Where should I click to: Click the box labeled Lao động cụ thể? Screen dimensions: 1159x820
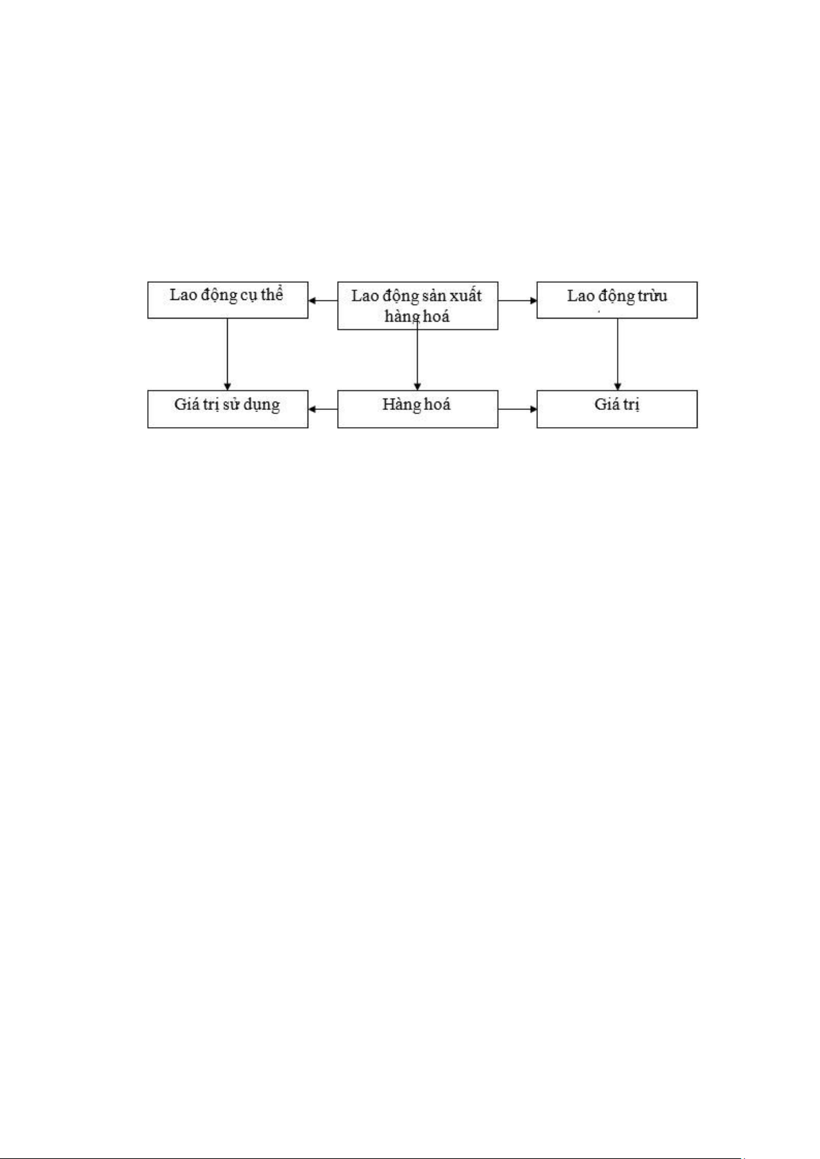pos(228,300)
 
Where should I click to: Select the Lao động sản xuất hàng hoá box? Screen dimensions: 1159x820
pos(418,305)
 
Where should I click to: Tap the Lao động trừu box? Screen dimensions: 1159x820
pos(617,300)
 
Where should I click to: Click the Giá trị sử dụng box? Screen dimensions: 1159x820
pos(228,409)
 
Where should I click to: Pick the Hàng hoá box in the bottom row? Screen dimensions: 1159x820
pos(418,409)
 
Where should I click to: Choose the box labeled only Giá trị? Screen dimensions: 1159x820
pos(617,409)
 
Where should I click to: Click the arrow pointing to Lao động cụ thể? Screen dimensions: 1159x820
pos(323,301)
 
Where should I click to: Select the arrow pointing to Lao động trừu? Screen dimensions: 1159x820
pos(517,301)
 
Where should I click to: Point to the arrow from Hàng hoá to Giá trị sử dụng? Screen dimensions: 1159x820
pos(323,409)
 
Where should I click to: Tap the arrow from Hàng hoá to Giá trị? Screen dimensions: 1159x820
pos(517,409)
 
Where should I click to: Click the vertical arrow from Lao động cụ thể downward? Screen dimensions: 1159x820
pos(228,354)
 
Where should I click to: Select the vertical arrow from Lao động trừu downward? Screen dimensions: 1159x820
pos(617,354)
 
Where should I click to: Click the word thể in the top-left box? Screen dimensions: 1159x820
pos(272,294)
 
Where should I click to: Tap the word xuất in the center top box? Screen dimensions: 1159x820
pos(466,296)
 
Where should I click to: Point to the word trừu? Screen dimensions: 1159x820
pos(652,296)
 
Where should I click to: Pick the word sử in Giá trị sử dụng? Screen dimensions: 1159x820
pos(230,404)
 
